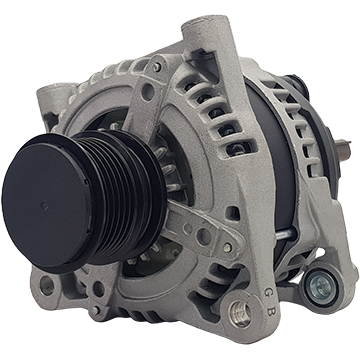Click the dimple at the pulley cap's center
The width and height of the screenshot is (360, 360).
click(44, 206)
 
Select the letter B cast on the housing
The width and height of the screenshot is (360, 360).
click(270, 312)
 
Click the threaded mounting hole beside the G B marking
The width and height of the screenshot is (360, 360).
click(240, 313)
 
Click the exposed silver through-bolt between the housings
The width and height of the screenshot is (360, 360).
click(285, 234)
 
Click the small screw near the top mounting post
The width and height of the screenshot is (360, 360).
click(157, 66)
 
